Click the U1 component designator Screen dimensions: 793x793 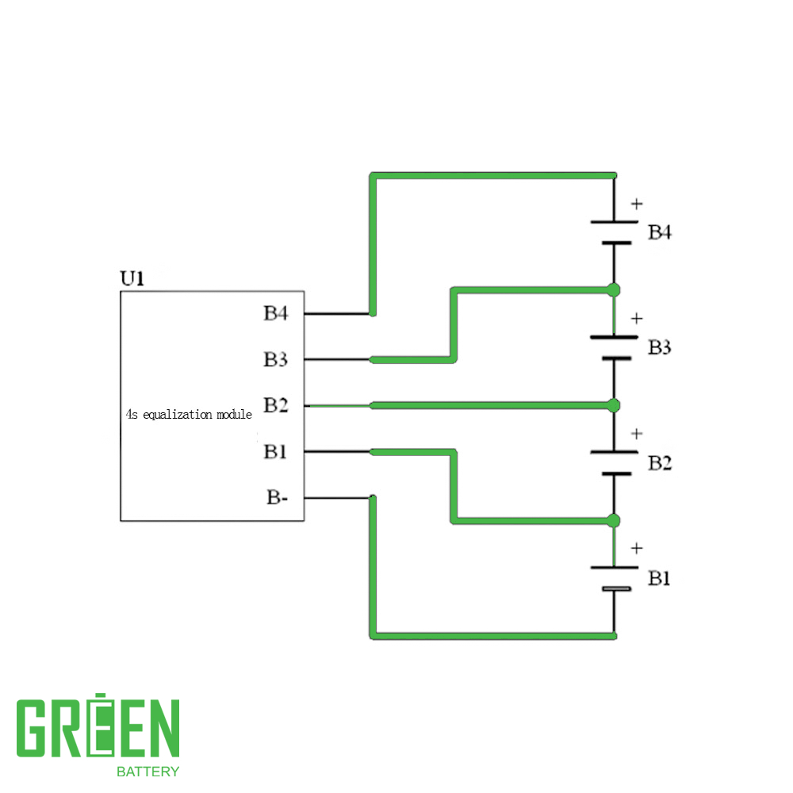pyautogui.click(x=132, y=278)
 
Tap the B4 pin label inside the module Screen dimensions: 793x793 pyautogui.click(x=276, y=313)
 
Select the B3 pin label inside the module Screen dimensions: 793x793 pyautogui.click(x=276, y=359)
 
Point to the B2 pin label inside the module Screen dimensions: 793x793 pyautogui.click(x=276, y=405)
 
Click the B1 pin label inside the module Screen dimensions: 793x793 pyautogui.click(x=275, y=451)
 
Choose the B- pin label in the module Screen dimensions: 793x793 pyautogui.click(x=277, y=497)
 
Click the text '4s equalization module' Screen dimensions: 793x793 pyautogui.click(x=189, y=415)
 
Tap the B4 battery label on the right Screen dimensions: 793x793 pyautogui.click(x=660, y=232)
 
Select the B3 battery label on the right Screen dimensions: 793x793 pyautogui.click(x=660, y=347)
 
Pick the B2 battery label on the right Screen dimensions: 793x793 pyautogui.click(x=660, y=463)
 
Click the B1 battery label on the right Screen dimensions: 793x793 pyautogui.click(x=659, y=578)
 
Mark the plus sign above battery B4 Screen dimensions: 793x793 pyautogui.click(x=637, y=204)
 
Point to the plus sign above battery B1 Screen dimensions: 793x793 pyautogui.click(x=637, y=548)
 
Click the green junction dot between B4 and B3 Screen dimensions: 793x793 pyautogui.click(x=614, y=290)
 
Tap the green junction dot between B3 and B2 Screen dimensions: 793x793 pyautogui.click(x=614, y=405)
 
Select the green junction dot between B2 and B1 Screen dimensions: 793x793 pyautogui.click(x=614, y=520)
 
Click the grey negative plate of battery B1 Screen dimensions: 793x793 pyautogui.click(x=616, y=588)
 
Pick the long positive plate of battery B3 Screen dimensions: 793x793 pyautogui.click(x=614, y=337)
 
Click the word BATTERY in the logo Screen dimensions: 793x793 pyautogui.click(x=147, y=772)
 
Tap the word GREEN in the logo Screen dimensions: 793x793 pyautogui.click(x=98, y=726)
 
